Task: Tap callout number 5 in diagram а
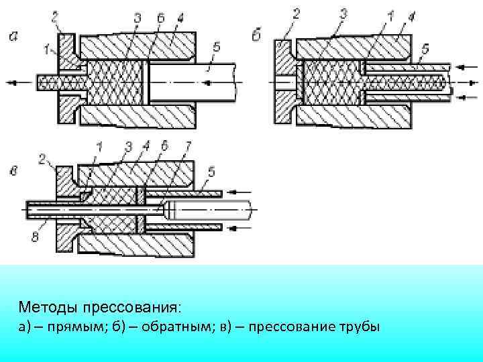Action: coord(215,46)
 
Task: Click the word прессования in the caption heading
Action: coord(130,307)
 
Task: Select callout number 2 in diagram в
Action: coord(43,159)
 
